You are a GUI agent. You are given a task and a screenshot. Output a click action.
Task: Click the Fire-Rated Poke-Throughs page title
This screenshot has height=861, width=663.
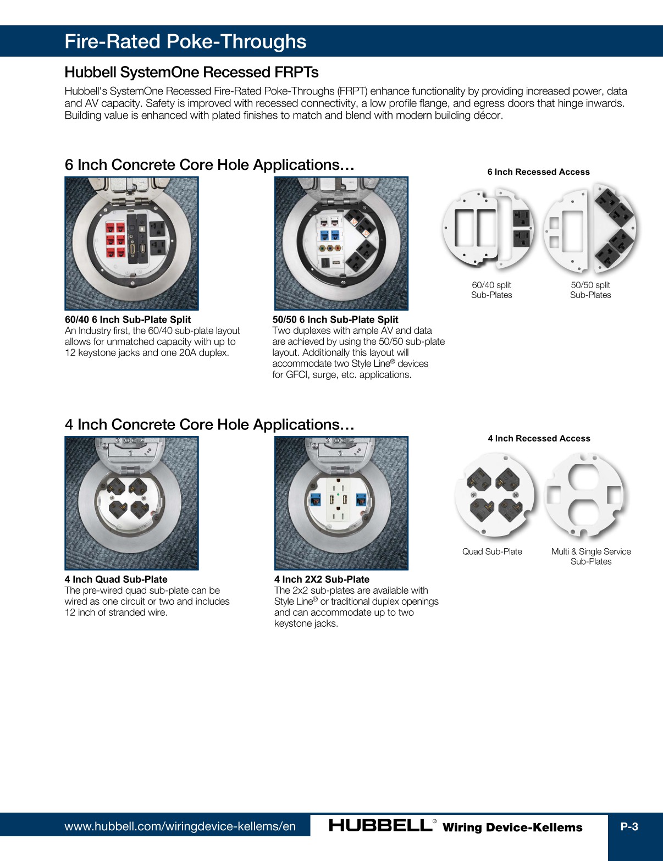185,42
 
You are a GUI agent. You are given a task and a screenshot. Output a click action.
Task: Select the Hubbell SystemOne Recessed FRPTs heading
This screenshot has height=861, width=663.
191,73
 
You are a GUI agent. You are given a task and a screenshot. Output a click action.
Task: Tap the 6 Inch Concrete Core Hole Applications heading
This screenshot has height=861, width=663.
209,165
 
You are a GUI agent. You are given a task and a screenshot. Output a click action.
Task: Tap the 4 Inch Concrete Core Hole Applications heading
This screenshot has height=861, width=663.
209,424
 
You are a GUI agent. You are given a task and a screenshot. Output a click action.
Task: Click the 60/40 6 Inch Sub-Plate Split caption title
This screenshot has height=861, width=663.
128,319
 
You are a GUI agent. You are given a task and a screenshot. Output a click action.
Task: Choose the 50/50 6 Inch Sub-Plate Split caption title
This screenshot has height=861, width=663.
335,319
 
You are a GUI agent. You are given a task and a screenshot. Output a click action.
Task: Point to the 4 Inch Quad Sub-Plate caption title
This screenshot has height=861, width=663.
116,579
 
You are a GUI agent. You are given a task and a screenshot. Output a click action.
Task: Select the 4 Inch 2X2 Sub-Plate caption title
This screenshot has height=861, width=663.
322,579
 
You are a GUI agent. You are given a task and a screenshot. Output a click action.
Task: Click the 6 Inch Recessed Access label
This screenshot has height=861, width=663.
538,172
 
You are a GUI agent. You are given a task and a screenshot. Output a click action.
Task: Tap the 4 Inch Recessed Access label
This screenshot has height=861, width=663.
539,438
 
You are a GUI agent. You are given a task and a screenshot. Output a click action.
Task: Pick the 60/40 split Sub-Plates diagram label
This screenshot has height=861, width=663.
491,290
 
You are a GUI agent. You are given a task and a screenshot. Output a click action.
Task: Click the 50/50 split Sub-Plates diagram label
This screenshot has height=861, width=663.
590,290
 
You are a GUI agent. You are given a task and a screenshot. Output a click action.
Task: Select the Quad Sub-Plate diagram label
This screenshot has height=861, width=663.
492,551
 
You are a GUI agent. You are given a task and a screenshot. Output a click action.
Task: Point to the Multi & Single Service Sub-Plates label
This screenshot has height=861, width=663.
591,556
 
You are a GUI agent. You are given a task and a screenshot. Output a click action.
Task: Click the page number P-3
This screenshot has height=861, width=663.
629,826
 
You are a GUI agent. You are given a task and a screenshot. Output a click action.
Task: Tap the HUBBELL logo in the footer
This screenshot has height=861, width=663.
380,826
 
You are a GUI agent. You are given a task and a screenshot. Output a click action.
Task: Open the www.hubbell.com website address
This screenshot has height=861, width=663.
180,826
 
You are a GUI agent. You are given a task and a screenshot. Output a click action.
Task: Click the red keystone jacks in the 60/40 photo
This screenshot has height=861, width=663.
115,240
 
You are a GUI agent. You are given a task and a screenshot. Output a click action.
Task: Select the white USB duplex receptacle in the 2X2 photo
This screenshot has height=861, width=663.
336,501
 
